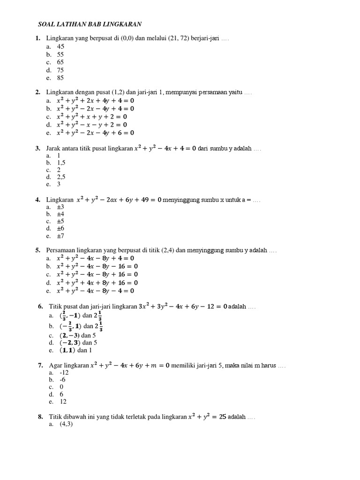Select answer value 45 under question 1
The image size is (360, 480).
tap(60, 46)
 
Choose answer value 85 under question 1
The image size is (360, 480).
tap(60, 78)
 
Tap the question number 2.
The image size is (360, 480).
tap(37, 93)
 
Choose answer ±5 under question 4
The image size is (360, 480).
tap(60, 221)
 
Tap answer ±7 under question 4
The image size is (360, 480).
tap(60, 236)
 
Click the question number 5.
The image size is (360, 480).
tap(37, 250)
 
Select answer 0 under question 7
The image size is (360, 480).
tap(61, 387)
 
